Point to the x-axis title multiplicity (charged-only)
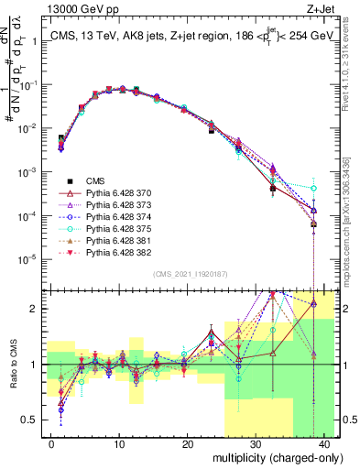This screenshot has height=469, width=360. tap(272, 456)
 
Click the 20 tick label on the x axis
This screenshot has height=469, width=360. tap(187, 442)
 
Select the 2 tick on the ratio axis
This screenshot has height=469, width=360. tap(38, 309)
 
